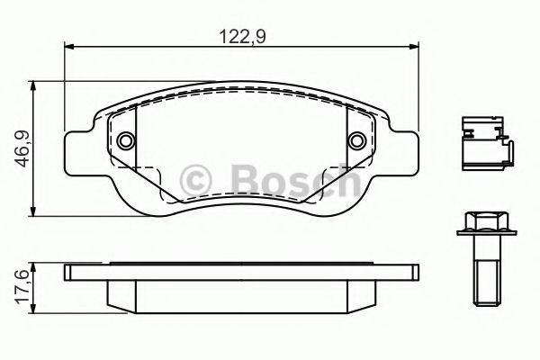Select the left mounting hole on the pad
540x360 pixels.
pyautogui.click(x=125, y=140)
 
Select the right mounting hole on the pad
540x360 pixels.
pyautogui.click(x=356, y=140)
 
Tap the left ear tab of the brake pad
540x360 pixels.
pyautogui.click(x=77, y=148)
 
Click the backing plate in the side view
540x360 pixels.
pyautogui.click(x=241, y=271)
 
